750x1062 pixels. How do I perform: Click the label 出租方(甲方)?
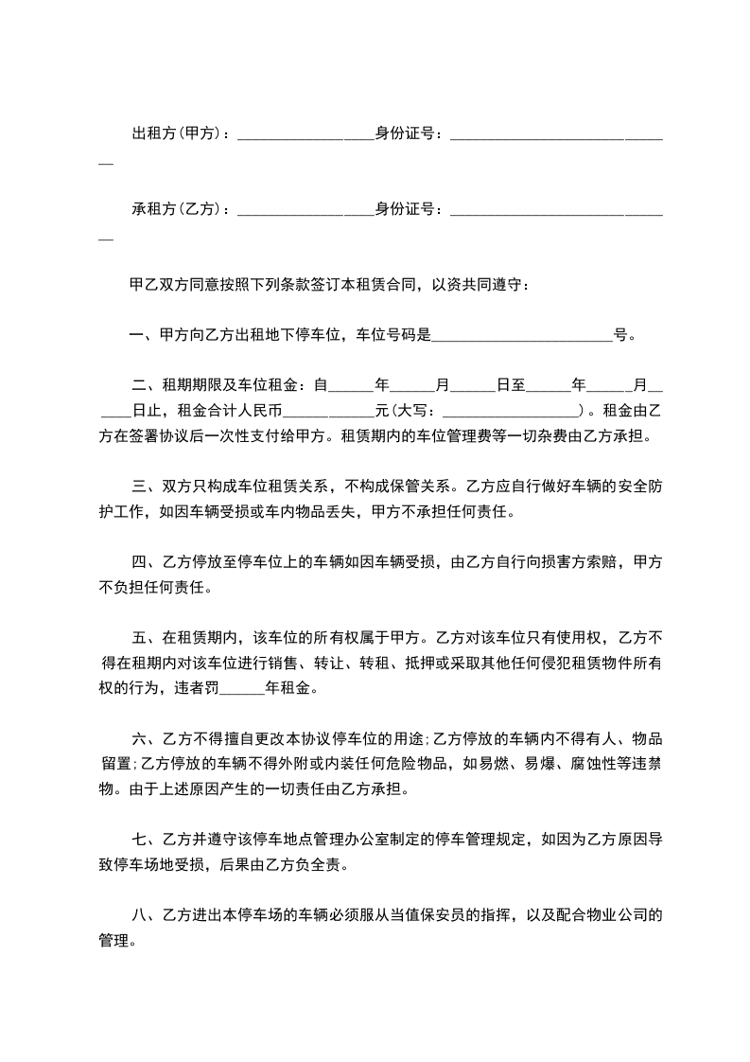(178, 134)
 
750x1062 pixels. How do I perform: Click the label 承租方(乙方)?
(178, 208)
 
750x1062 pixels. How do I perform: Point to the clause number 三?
(137, 487)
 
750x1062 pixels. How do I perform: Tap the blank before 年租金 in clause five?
(241, 689)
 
